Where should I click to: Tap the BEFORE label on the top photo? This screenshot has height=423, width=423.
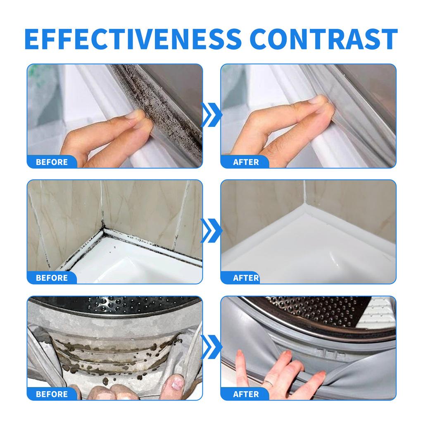(x=52, y=162)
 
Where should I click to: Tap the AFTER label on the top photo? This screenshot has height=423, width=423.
(x=246, y=162)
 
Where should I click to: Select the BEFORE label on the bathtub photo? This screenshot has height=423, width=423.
(x=52, y=278)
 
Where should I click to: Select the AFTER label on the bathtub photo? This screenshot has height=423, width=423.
(x=246, y=278)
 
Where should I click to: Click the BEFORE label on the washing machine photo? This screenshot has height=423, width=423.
(x=52, y=394)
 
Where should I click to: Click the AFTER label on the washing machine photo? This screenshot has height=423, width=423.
(x=246, y=394)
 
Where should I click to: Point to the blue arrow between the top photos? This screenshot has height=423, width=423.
(x=211, y=115)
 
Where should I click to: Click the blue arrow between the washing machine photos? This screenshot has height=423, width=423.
(x=211, y=347)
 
